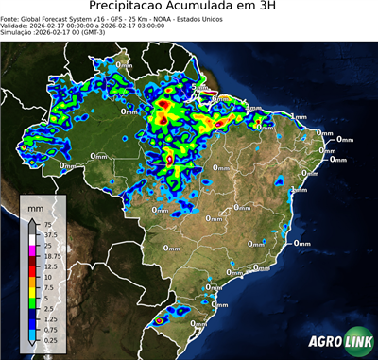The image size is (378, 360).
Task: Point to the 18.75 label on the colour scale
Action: click(55, 256)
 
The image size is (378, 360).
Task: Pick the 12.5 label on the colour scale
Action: click(53, 266)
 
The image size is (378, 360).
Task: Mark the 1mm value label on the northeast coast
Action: click(299, 116)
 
